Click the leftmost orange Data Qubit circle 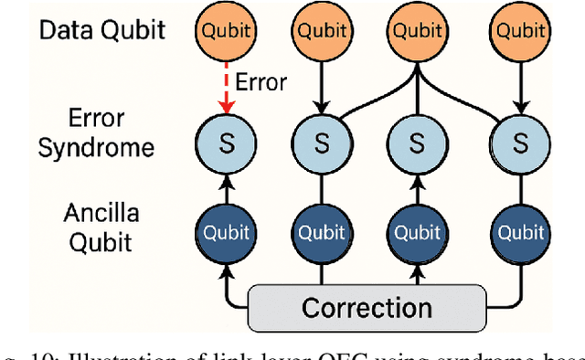(221, 30)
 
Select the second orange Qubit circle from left (320, 30)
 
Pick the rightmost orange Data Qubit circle (520, 30)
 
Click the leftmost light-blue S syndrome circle (221, 143)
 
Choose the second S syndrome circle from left (320, 143)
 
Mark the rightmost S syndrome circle (520, 143)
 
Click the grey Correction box (367, 306)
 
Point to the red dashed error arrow (221, 87)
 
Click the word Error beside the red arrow (261, 82)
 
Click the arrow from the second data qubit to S (320, 87)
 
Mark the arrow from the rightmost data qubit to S (520, 87)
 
